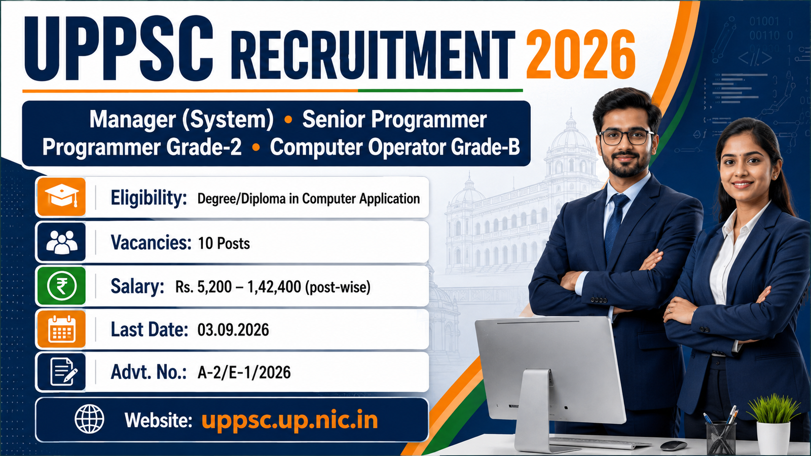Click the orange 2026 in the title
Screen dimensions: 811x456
point(580,54)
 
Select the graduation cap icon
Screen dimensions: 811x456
point(61,197)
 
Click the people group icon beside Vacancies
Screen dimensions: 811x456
point(61,242)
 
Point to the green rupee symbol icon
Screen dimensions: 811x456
point(61,286)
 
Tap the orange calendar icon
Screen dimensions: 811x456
point(61,329)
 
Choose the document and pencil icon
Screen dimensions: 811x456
point(61,372)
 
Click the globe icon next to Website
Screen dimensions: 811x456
point(89,419)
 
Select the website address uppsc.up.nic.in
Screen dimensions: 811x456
point(289,420)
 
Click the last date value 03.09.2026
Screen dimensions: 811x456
point(233,330)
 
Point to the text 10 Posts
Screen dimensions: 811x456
point(224,243)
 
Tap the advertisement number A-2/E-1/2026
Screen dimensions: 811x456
point(244,372)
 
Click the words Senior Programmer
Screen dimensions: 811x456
point(394,120)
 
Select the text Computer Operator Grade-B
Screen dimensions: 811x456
point(395,147)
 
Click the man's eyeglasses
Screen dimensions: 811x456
point(626,137)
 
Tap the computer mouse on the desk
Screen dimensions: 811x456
point(674,445)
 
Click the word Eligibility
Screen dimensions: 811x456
point(149,198)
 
